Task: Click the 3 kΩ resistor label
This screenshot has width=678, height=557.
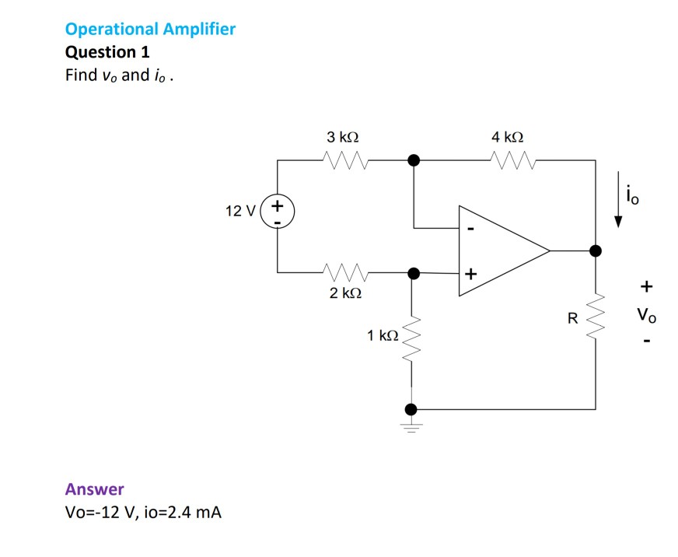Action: (x=343, y=137)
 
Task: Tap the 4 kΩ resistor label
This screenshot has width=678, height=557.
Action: (x=508, y=137)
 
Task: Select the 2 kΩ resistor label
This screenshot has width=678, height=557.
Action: (x=344, y=293)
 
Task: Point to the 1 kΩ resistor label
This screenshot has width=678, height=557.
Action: (x=383, y=335)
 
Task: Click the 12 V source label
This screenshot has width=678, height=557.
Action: (x=238, y=212)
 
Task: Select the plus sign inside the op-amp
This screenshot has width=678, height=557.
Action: (x=470, y=275)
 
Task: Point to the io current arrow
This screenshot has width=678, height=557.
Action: (x=618, y=208)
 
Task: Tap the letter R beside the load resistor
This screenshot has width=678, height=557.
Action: (x=572, y=317)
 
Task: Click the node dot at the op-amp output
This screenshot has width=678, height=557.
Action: (x=596, y=250)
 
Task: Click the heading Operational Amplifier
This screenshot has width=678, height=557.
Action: (x=150, y=30)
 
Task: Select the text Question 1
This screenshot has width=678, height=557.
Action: (x=107, y=52)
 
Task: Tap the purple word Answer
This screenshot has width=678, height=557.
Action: (x=94, y=489)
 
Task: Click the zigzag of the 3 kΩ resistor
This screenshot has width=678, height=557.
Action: (x=344, y=160)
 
